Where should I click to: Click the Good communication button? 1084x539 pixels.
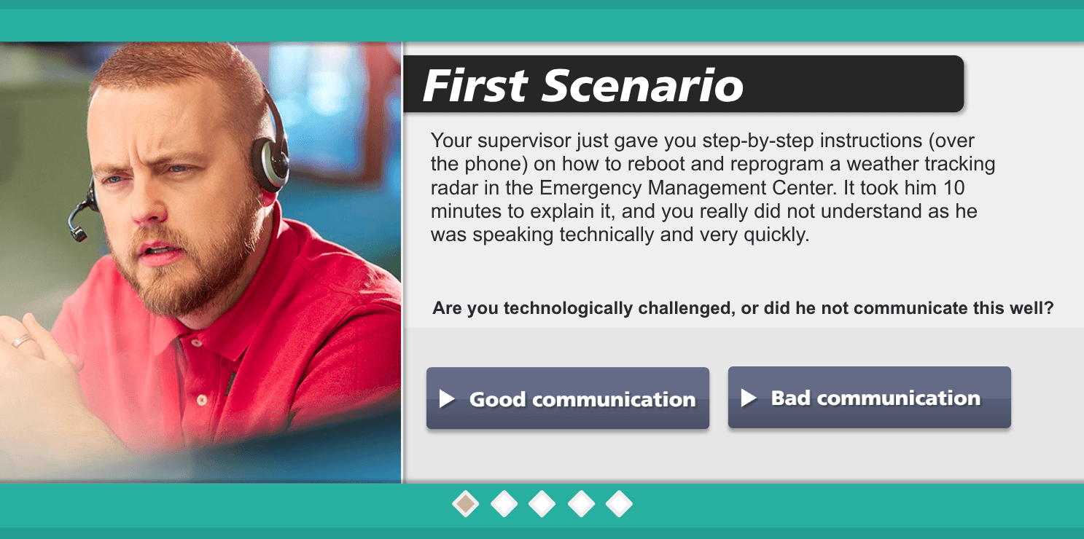568,398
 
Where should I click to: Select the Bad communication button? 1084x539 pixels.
869,397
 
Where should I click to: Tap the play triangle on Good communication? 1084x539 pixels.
447,399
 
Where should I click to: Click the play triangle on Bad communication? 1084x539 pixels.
749,398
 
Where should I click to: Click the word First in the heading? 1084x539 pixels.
475,85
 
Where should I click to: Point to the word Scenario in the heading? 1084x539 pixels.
642,85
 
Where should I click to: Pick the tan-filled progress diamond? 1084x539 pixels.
466,504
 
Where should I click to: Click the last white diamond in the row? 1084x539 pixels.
619,504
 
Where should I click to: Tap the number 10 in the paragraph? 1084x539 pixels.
954,188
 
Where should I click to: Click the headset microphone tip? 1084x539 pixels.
77,235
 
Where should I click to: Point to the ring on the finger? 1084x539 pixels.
20,341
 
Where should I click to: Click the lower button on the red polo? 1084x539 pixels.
202,400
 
